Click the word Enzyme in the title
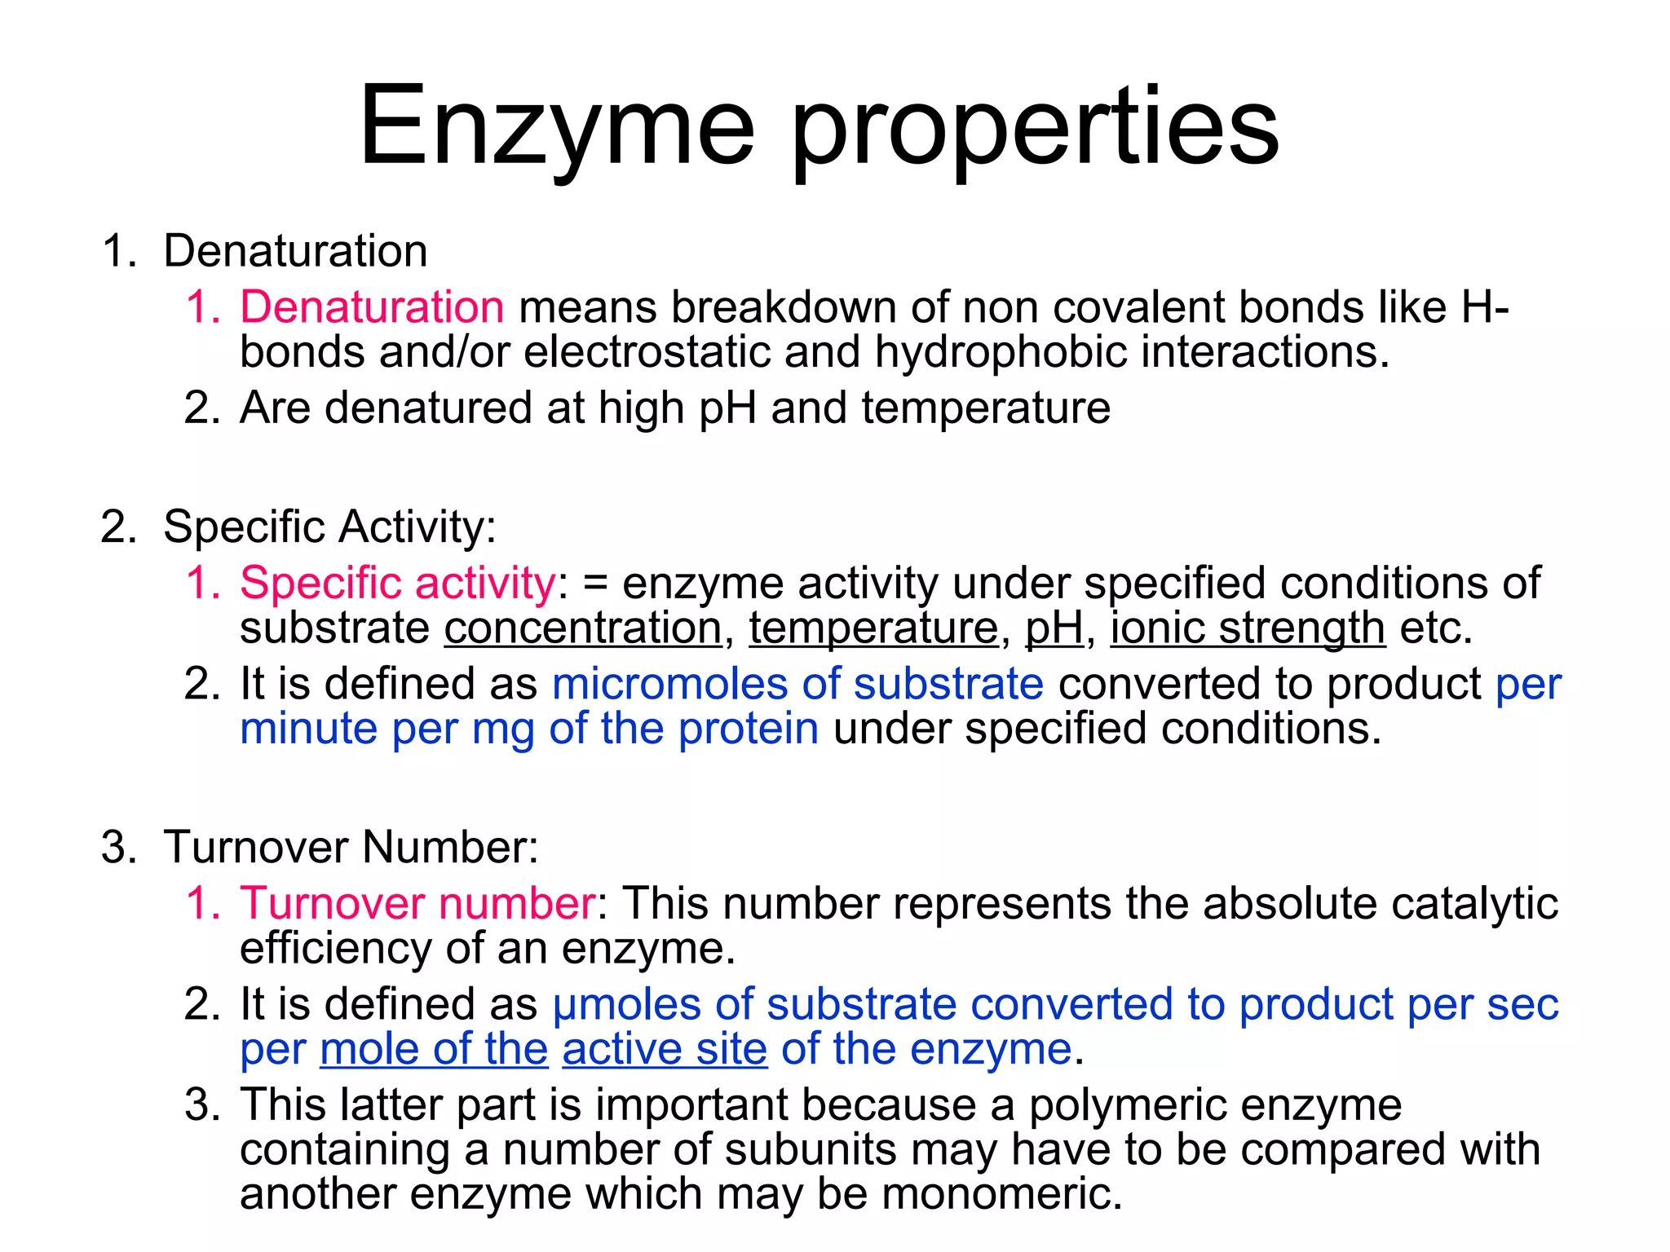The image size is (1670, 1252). click(557, 126)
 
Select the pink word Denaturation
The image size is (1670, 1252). click(372, 307)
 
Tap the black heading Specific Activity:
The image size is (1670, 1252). click(329, 527)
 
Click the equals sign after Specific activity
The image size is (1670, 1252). click(596, 584)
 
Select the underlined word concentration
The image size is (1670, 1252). click(583, 628)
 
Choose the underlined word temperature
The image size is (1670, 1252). click(873, 628)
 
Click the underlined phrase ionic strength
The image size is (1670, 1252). click(1248, 628)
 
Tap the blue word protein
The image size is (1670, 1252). click(748, 729)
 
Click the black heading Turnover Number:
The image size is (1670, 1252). click(351, 847)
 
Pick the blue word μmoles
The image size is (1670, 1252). click(626, 1004)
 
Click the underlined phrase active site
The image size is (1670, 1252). click(665, 1049)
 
